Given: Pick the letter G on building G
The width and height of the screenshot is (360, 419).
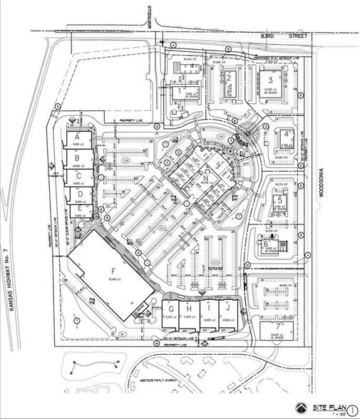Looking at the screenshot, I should [x=171, y=309].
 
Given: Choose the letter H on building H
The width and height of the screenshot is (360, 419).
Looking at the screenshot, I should [x=188, y=309].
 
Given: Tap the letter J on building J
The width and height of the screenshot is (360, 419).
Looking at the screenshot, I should [x=227, y=309].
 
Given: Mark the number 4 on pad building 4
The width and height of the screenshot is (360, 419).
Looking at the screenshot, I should [x=285, y=134].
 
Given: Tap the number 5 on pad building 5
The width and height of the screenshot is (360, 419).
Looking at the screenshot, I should [x=281, y=200].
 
